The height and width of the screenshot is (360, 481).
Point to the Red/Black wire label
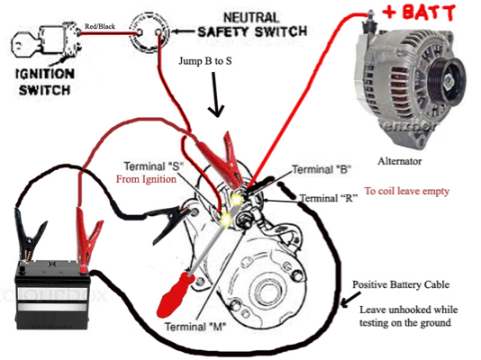coord(99,28)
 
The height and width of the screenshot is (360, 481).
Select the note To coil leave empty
coord(406,192)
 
